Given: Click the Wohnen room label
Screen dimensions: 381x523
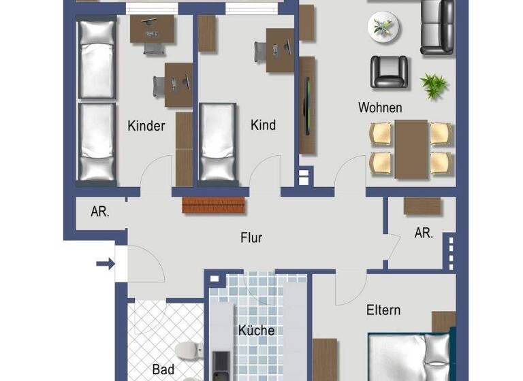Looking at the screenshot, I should coord(380,107).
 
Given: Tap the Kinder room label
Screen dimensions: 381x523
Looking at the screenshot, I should coord(146,126).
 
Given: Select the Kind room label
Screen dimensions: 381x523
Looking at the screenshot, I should coord(263,125).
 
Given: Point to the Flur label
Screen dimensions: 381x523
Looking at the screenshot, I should coord(251,238).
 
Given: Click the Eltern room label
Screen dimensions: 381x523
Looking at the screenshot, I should coord(383,310).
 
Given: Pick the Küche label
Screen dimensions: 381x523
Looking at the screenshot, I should coord(256,331).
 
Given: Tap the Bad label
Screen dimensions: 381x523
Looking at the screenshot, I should coord(163,369).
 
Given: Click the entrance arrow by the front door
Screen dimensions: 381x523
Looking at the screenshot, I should coord(105,264).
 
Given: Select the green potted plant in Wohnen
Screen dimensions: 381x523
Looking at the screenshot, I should coord(434,85).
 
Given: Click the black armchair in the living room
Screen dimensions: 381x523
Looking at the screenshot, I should coord(389,71).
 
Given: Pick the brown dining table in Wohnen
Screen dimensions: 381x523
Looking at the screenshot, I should coord(411,148).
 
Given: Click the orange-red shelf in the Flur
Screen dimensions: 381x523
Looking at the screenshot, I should coord(215,205).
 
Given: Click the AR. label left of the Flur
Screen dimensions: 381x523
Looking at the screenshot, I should coord(100,211).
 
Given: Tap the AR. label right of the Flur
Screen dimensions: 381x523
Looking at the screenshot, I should coord(424,233).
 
